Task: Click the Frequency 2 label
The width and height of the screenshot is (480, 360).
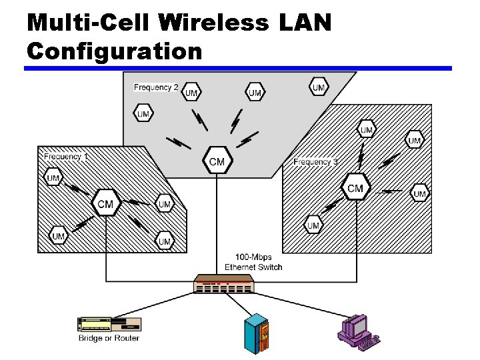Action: (x=156, y=87)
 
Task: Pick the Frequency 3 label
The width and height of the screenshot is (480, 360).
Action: (x=316, y=162)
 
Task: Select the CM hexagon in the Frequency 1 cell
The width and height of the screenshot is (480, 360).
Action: (x=105, y=203)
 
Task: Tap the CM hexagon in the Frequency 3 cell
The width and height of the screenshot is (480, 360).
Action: (x=355, y=189)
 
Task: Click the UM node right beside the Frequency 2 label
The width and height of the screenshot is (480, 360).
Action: (x=191, y=93)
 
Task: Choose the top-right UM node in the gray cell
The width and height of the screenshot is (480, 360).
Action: (x=319, y=87)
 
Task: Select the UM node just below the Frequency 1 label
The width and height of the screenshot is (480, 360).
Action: (x=54, y=177)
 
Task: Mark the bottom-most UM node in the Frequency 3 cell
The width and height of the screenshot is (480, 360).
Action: (x=313, y=226)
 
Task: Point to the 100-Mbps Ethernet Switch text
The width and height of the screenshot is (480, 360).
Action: (x=253, y=262)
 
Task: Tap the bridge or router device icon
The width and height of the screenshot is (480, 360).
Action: (x=111, y=325)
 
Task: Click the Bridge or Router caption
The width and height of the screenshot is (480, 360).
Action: (x=108, y=339)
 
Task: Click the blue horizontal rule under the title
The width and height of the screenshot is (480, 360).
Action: (x=238, y=68)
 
